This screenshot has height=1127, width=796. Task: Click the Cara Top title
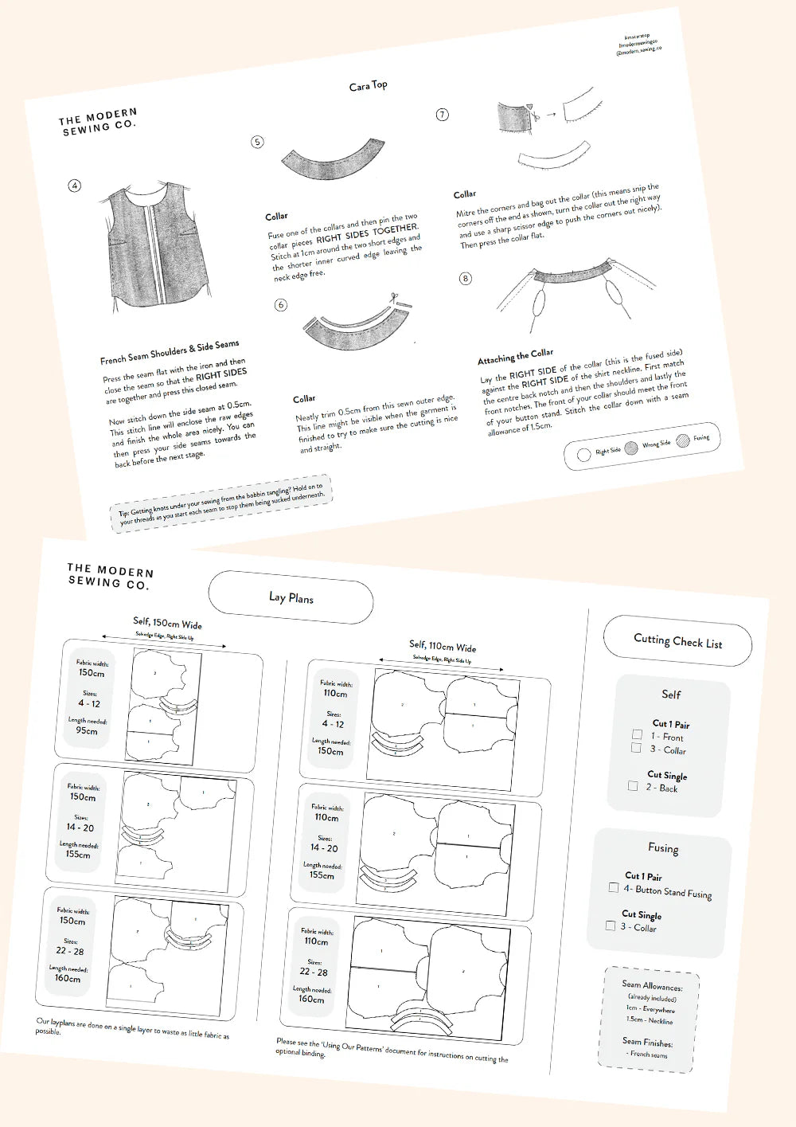click(368, 85)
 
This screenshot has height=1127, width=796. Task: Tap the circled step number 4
click(75, 186)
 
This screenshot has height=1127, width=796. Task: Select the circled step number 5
click(257, 142)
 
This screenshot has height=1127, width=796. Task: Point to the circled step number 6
click(280, 305)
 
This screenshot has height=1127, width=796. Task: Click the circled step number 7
click(443, 115)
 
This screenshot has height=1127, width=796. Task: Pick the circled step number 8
click(466, 278)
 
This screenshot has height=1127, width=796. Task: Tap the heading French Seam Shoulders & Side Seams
click(170, 352)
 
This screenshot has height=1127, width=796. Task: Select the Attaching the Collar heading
click(515, 356)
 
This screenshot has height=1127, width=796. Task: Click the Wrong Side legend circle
click(631, 448)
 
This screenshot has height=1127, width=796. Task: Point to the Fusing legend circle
click(682, 440)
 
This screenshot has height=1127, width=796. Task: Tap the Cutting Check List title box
click(677, 640)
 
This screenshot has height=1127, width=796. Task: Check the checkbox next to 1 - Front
click(637, 734)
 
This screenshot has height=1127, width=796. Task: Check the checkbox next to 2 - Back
click(633, 785)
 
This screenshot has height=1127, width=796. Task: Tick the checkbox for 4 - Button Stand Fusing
click(613, 886)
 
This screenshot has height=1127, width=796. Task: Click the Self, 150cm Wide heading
click(167, 623)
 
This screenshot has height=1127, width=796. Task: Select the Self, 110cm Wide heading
click(443, 645)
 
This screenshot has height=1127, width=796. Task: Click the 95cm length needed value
click(87, 730)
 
